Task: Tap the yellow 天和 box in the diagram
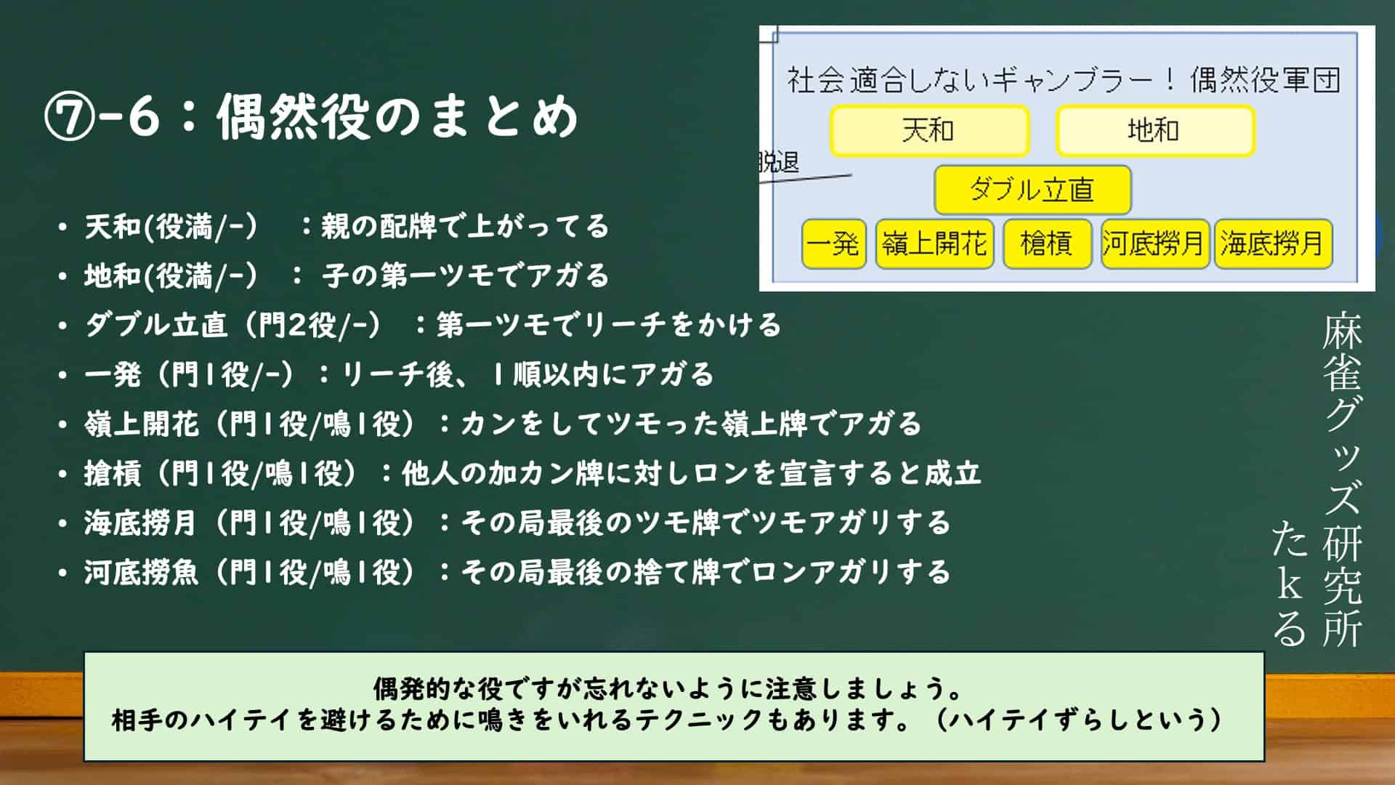[x=929, y=131]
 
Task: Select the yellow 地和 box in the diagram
[x=1155, y=131]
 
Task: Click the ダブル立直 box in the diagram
[x=1032, y=190]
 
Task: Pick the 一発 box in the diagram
[x=834, y=243]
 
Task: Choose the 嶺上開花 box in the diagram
[x=934, y=243]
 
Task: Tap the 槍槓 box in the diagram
[x=1047, y=243]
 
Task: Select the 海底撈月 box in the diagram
[x=1273, y=243]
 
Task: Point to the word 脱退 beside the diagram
[x=778, y=162]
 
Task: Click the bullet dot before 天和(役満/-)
[x=63, y=227]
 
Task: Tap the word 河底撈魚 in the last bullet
[x=141, y=573]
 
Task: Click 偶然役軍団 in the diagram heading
[x=1265, y=80]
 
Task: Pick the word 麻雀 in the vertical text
[x=1342, y=354]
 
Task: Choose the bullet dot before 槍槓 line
[x=63, y=474]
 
